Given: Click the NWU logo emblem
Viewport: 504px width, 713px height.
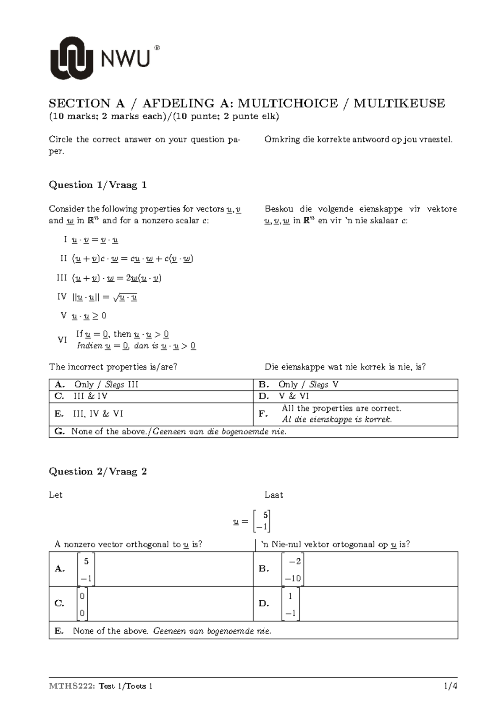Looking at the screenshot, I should pyautogui.click(x=71, y=58).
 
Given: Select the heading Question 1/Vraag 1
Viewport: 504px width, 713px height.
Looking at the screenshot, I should pyautogui.click(x=98, y=185).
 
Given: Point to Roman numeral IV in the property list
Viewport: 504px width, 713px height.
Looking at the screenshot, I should pyautogui.click(x=62, y=297).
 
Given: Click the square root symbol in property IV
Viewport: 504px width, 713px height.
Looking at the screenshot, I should pyautogui.click(x=116, y=298).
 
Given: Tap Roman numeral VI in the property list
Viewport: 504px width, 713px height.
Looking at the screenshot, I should pyautogui.click(x=62, y=340).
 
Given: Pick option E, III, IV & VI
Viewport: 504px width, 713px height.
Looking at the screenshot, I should pyautogui.click(x=97, y=414).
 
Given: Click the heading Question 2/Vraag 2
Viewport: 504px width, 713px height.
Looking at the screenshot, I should pyautogui.click(x=98, y=472).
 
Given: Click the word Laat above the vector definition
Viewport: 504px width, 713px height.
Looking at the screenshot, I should pyautogui.click(x=273, y=495).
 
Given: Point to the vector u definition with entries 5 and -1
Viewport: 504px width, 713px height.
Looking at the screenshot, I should pyautogui.click(x=252, y=521).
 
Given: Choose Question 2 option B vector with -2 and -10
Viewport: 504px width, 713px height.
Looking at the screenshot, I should pyautogui.click(x=293, y=570).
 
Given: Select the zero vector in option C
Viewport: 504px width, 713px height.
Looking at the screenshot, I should pyautogui.click(x=82, y=604).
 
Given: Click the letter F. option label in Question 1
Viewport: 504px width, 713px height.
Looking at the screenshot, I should pyautogui.click(x=263, y=414).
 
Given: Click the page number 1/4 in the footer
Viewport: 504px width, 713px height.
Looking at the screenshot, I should pyautogui.click(x=450, y=686).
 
